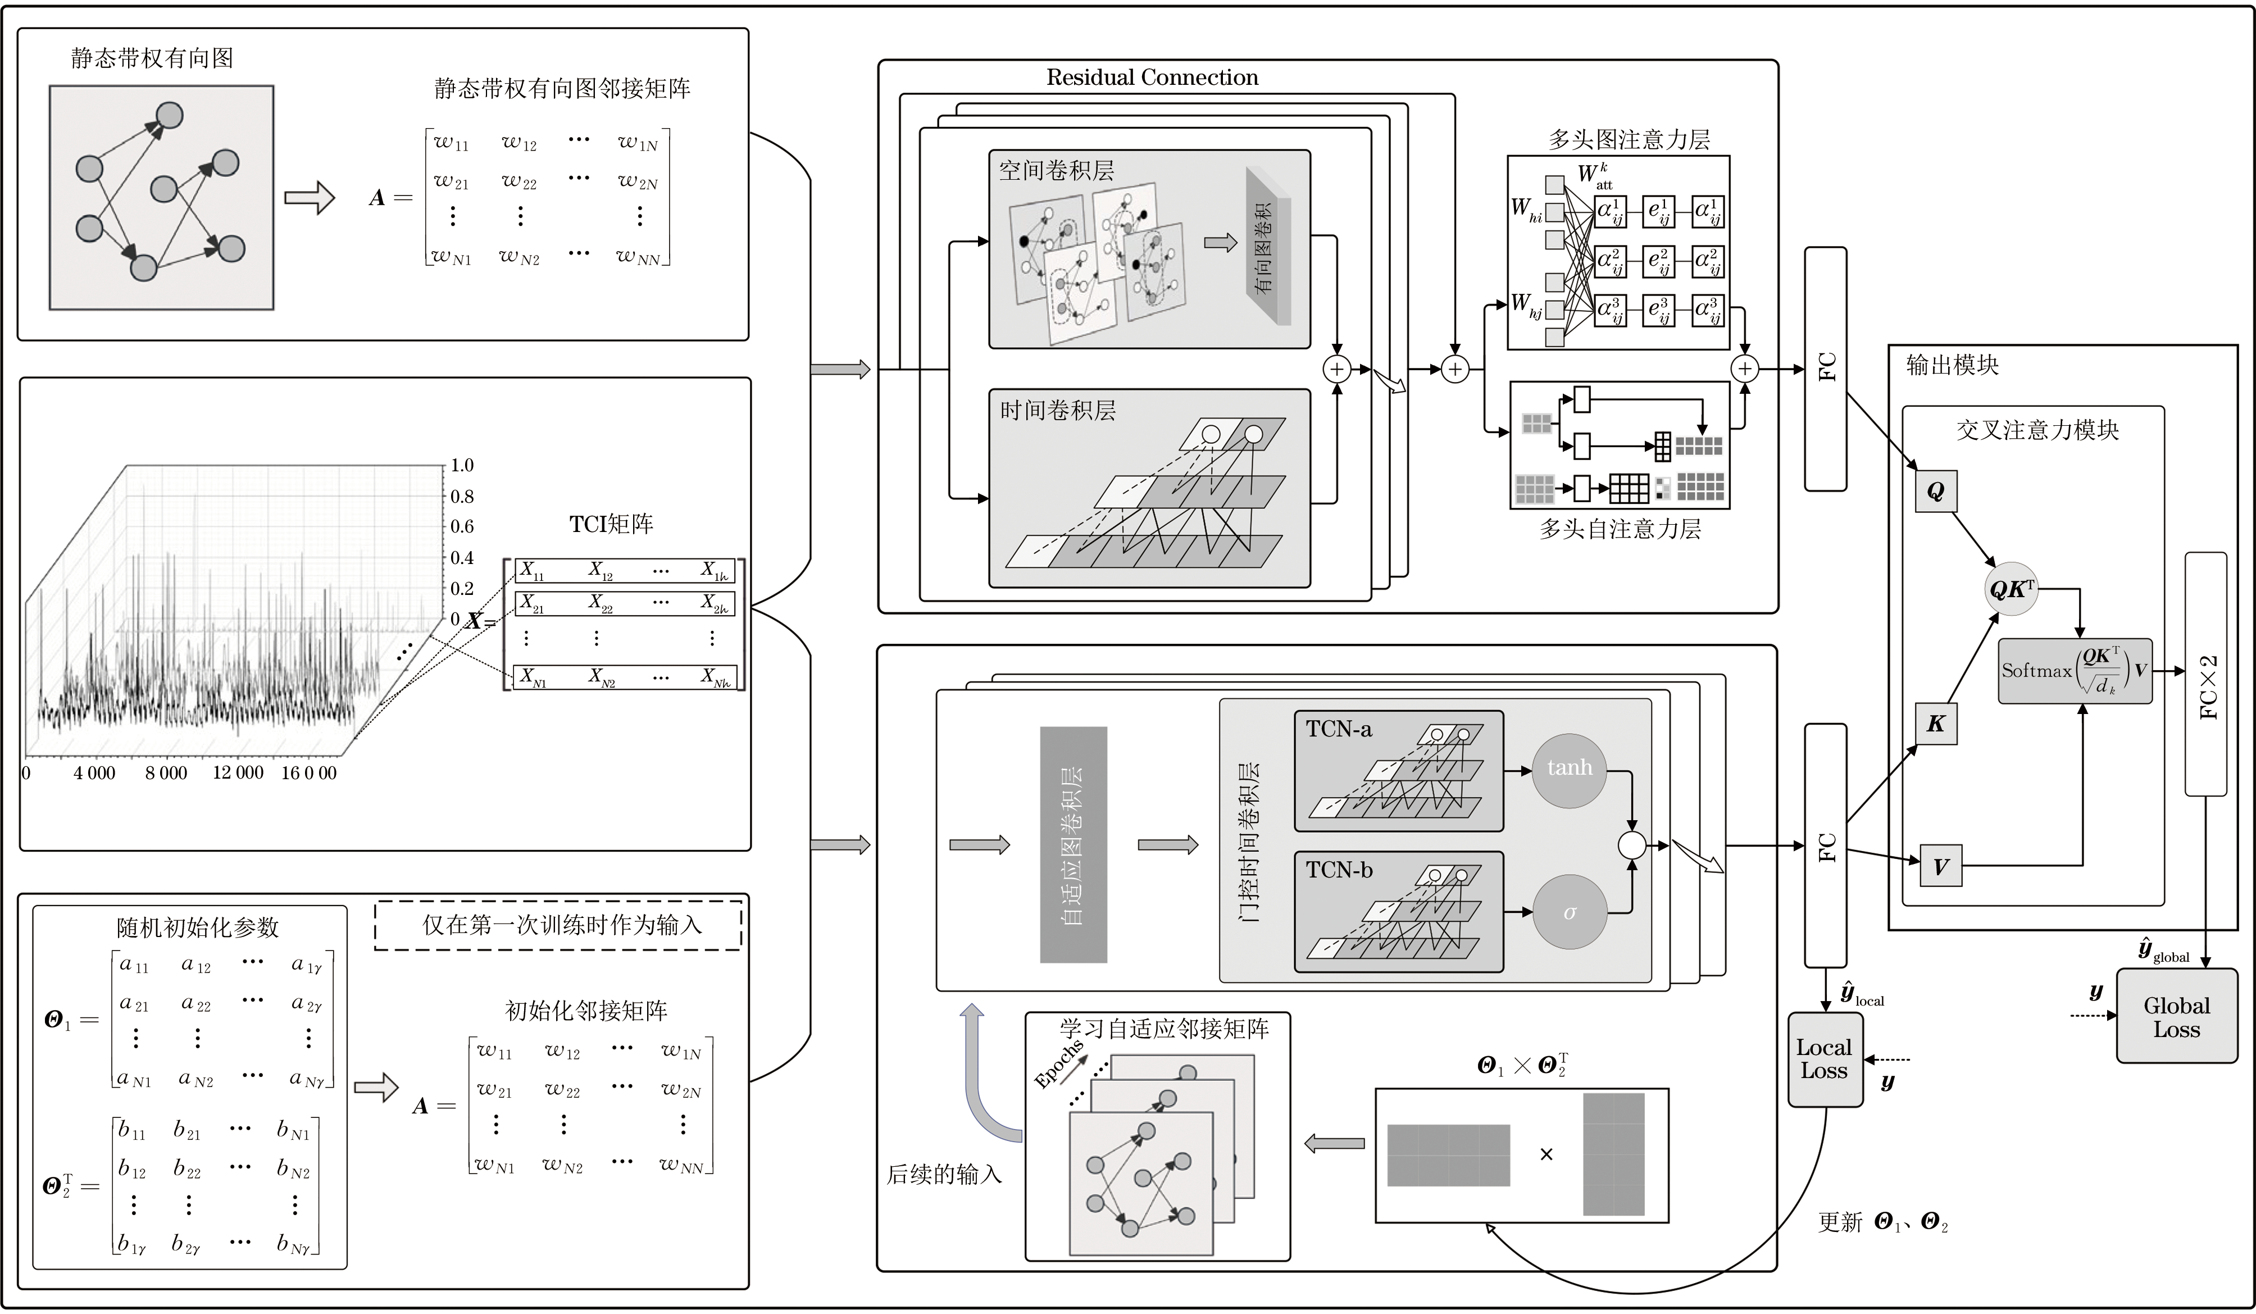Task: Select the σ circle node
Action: (1570, 913)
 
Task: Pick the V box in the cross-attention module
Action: (1940, 866)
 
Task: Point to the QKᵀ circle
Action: (2011, 589)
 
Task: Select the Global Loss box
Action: (2176, 1017)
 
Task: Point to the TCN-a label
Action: (1339, 730)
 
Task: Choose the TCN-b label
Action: (1339, 870)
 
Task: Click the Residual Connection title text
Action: (1152, 78)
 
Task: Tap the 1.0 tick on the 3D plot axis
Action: (462, 466)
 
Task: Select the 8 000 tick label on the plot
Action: (166, 774)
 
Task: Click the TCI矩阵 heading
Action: (611, 525)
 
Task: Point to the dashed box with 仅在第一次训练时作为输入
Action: (558, 925)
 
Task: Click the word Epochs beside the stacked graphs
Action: (1058, 1064)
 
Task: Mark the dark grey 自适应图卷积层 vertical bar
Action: (1074, 845)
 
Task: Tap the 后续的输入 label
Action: (944, 1174)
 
